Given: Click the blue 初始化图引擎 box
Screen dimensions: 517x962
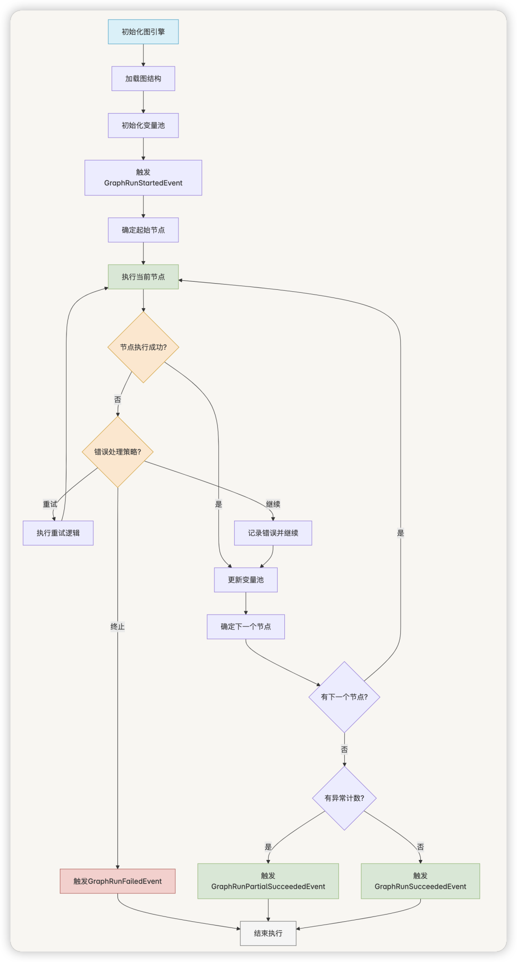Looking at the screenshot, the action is pyautogui.click(x=143, y=32).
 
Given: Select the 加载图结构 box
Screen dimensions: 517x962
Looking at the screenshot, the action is pyautogui.click(x=143, y=79).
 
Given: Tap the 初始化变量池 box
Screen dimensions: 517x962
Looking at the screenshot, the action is pyautogui.click(x=143, y=126).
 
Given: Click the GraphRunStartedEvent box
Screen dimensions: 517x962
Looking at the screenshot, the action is pyautogui.click(x=143, y=178).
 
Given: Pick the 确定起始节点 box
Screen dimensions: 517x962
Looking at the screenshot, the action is pyautogui.click(x=143, y=230).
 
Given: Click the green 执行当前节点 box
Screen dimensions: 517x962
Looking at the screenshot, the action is pyautogui.click(x=143, y=277).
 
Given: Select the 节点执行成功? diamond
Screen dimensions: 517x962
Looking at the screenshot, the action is pyautogui.click(x=143, y=347).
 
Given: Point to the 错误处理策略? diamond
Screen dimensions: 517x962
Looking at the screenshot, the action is pyautogui.click(x=118, y=452).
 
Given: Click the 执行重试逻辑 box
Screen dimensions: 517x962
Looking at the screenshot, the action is pyautogui.click(x=58, y=533).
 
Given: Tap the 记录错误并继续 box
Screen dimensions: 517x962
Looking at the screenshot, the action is pyautogui.click(x=273, y=533).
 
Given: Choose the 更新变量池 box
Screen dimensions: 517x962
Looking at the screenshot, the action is pyautogui.click(x=246, y=580).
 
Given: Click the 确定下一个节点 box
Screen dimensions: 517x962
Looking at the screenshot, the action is pyautogui.click(x=246, y=627).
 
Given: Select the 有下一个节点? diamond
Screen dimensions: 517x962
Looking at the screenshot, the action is pyautogui.click(x=344, y=697).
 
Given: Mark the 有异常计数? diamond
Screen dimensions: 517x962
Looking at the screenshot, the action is pyautogui.click(x=344, y=798).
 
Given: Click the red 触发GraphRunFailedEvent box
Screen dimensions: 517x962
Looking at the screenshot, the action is pyautogui.click(x=118, y=881).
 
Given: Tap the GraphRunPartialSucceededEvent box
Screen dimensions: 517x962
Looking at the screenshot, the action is pyautogui.click(x=268, y=881).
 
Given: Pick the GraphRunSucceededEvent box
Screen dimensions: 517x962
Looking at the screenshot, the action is pyautogui.click(x=420, y=881).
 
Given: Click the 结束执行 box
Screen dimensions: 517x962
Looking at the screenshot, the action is pyautogui.click(x=268, y=933).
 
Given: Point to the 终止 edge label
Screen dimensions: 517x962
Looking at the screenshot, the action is pyautogui.click(x=118, y=627).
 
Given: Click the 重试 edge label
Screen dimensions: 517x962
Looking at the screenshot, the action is pyautogui.click(x=50, y=504).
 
